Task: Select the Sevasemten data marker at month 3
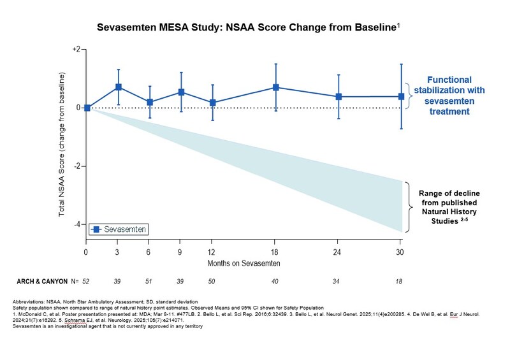[119, 87]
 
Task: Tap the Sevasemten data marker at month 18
[276, 87]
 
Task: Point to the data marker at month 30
[402, 96]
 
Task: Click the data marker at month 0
[87, 108]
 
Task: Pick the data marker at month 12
[213, 103]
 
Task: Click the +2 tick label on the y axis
[75, 49]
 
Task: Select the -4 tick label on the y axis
[76, 224]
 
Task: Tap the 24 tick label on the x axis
[339, 251]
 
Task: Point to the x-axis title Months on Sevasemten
[244, 263]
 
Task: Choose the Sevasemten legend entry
[121, 228]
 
